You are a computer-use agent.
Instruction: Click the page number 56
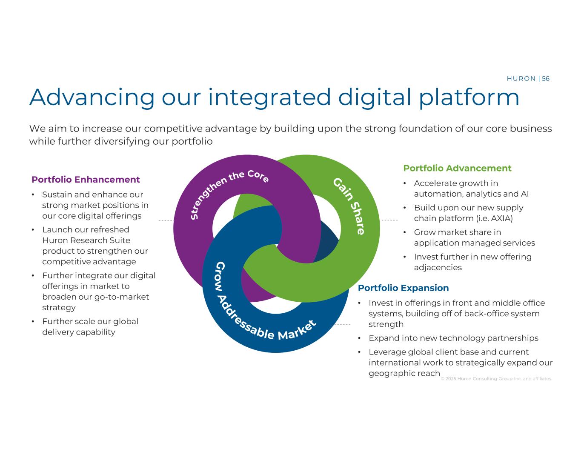coord(545,79)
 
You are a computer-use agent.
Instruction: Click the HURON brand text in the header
coord(521,79)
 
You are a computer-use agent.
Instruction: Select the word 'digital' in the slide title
coord(375,97)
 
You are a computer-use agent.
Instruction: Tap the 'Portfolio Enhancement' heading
coord(86,179)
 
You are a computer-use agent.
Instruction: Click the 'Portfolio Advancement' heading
coord(457,168)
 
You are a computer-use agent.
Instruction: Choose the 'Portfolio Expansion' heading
coord(403,288)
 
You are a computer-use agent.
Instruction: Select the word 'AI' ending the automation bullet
coord(524,194)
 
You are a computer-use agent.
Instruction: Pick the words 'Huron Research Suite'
coord(86,240)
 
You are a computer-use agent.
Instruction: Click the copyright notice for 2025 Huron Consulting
coord(496,379)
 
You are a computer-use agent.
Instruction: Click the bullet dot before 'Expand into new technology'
coord(360,338)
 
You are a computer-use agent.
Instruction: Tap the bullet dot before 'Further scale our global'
coord(33,321)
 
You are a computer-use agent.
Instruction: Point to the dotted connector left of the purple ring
coord(166,220)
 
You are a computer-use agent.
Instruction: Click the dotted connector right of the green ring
coord(389,220)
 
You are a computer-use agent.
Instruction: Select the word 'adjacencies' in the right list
coord(438,268)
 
